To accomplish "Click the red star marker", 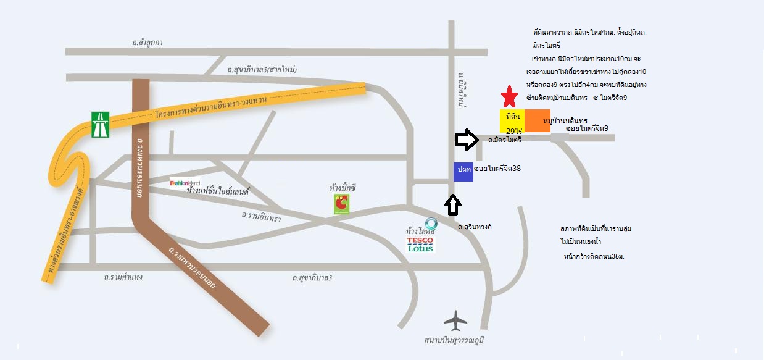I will [509, 97].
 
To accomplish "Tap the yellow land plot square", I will [512, 120].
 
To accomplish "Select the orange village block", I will [538, 120].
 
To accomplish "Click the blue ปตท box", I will [463, 172].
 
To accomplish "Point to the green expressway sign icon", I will [100, 124].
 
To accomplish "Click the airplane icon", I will [456, 320].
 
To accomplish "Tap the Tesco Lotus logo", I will [421, 244].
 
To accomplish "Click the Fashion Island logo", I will [185, 182].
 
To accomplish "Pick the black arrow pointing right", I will [466, 140].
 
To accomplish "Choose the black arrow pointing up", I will [454, 205].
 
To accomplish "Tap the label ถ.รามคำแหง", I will [123, 277].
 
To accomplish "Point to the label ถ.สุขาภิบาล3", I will [312, 278].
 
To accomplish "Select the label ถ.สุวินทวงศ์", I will [475, 227].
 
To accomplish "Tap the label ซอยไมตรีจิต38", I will [498, 168].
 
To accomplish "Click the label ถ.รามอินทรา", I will [261, 217].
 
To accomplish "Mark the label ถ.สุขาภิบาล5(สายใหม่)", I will [262, 70].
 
